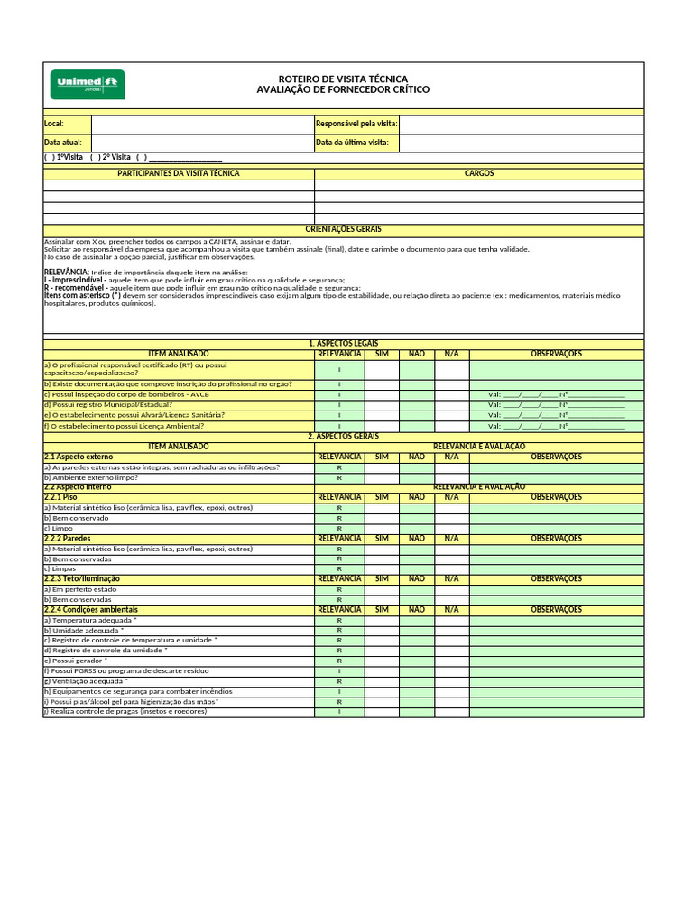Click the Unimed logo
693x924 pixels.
[x=88, y=85]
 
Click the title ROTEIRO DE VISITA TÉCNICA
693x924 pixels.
[x=343, y=79]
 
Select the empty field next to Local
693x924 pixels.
[x=202, y=124]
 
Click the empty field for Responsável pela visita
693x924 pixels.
[x=521, y=124]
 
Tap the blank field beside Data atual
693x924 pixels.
[x=202, y=143]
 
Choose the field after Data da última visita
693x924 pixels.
[x=521, y=143]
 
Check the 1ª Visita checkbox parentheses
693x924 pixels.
[x=50, y=157]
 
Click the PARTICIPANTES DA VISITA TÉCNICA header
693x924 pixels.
[x=179, y=173]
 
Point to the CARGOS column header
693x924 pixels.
[x=479, y=173]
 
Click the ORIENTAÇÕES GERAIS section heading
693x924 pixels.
[x=344, y=230]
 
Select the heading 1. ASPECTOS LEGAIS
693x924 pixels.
[x=344, y=344]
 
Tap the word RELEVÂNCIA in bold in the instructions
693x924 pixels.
[x=66, y=272]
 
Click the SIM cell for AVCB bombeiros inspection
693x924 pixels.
[x=382, y=394]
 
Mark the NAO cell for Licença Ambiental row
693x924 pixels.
[x=416, y=425]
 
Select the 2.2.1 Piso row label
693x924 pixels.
[x=61, y=497]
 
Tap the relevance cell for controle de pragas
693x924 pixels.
[x=339, y=712]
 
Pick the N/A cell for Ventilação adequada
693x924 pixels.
[x=451, y=681]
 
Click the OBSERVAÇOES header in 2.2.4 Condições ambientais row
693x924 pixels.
[x=556, y=610]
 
